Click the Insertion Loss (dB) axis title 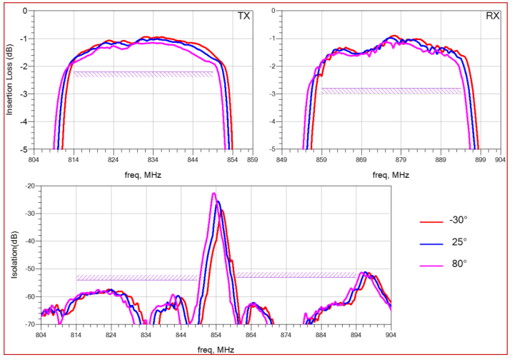point(10,81)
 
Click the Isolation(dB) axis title point(10,255)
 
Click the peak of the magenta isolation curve point(214,194)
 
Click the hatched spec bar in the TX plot point(143,74)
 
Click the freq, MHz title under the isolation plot point(216,349)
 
